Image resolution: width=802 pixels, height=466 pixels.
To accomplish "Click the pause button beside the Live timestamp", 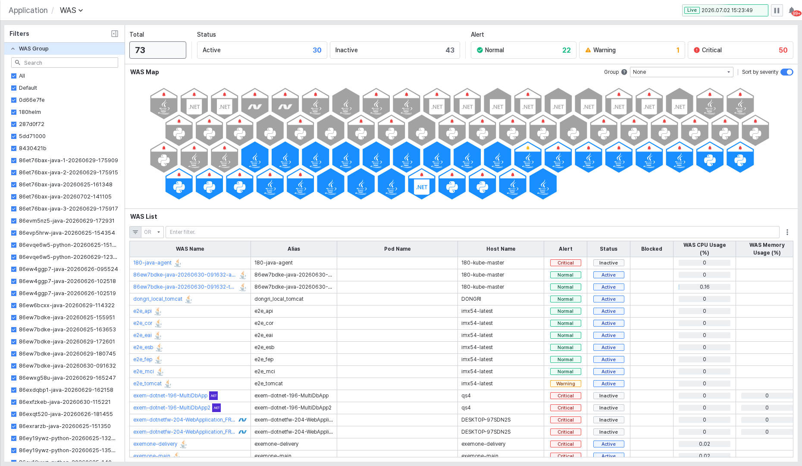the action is (x=777, y=10).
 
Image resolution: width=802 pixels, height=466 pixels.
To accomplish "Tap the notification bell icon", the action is (x=792, y=10).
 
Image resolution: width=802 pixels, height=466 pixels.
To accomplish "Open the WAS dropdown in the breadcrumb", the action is (x=71, y=10).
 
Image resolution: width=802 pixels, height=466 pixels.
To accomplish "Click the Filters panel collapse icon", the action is (x=115, y=34).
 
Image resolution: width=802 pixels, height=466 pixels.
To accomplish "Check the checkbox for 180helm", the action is (x=14, y=112).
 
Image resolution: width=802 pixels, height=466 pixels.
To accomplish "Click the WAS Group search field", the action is (x=65, y=63).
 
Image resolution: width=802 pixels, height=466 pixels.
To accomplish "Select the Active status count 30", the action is (x=317, y=50).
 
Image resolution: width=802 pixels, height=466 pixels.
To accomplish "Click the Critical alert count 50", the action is (x=783, y=50).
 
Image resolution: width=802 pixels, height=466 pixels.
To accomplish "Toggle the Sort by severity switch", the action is (x=787, y=72).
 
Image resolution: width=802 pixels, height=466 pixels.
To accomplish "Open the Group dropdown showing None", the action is (x=682, y=72).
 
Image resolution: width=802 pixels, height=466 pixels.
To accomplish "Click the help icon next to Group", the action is (x=624, y=72).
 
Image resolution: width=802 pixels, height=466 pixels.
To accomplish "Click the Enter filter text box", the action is (x=472, y=232).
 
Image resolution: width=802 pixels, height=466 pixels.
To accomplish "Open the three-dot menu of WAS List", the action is (x=787, y=232).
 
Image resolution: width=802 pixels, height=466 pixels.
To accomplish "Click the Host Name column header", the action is (x=501, y=249).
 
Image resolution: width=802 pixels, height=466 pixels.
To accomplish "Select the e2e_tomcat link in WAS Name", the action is (x=147, y=384).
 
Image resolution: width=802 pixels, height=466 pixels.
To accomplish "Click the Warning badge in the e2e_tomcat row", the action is (x=565, y=384).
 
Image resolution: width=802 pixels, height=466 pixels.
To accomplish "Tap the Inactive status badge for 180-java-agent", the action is (x=608, y=263).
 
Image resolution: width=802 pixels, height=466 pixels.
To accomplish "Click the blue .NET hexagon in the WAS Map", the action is (x=422, y=184).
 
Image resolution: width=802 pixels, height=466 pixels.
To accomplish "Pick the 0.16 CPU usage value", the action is (x=705, y=287).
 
